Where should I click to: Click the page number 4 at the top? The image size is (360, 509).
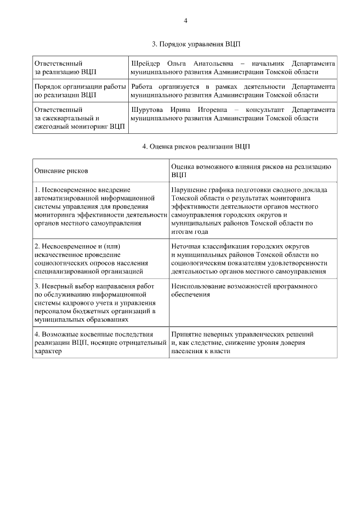(x=185, y=21)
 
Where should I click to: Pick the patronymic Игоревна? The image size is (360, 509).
(x=209, y=109)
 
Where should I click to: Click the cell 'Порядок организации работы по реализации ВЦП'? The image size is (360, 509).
(x=80, y=91)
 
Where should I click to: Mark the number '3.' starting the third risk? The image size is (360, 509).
(x=38, y=286)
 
